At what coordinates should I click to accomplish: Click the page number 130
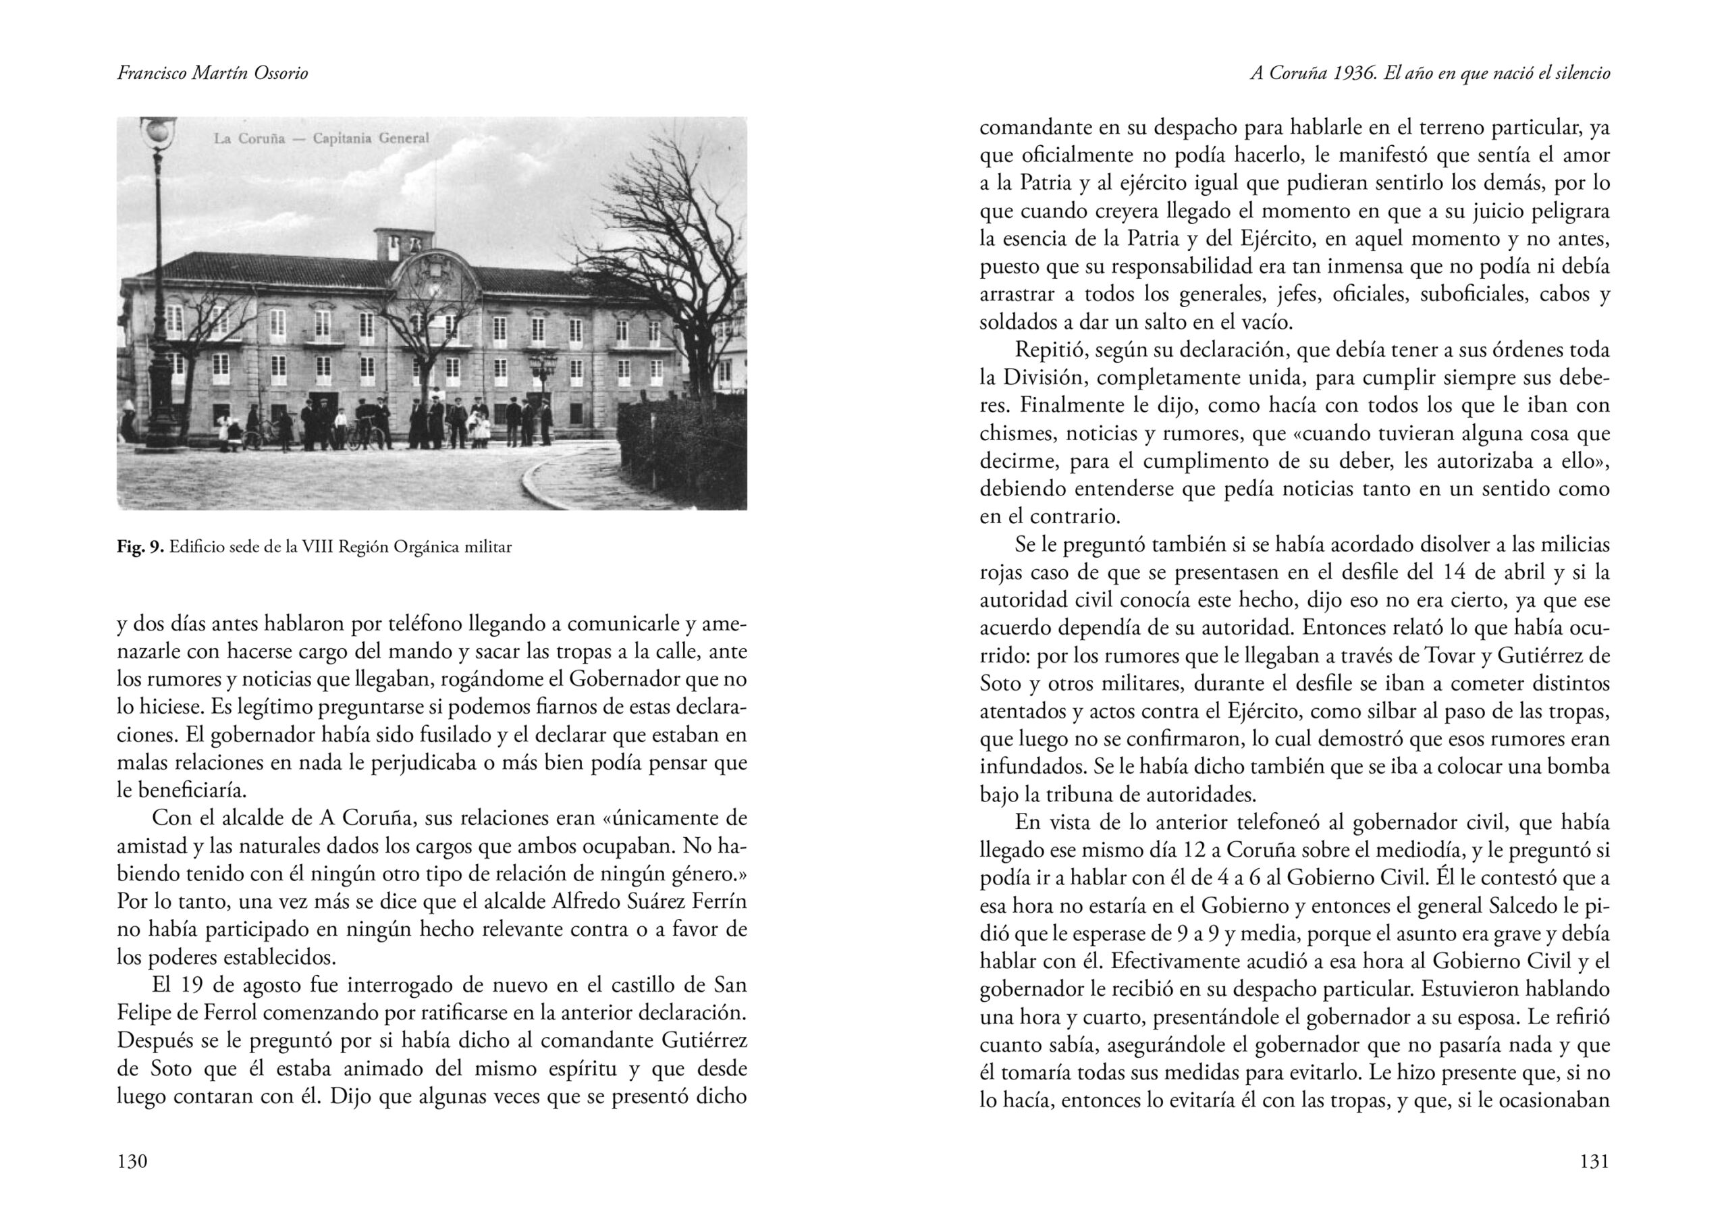132,1161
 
